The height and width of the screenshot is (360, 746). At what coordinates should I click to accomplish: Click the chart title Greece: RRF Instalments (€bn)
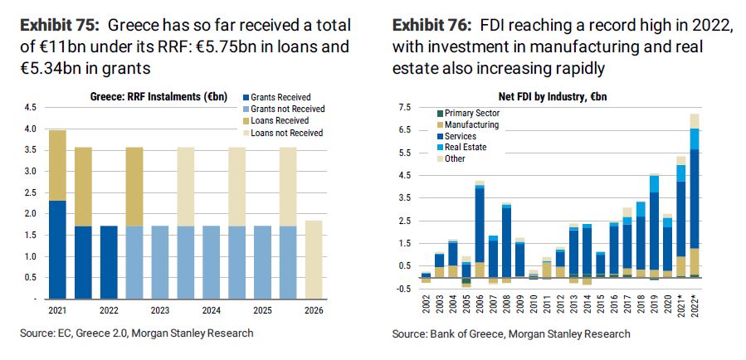coord(158,96)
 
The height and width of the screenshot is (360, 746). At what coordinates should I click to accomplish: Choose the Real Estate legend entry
coord(465,147)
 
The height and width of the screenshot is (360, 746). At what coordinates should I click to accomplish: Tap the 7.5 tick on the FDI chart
coord(406,108)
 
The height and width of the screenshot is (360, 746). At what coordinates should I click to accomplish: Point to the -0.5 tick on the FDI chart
coord(404,288)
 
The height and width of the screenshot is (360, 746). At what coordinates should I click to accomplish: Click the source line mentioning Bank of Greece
coord(510,333)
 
